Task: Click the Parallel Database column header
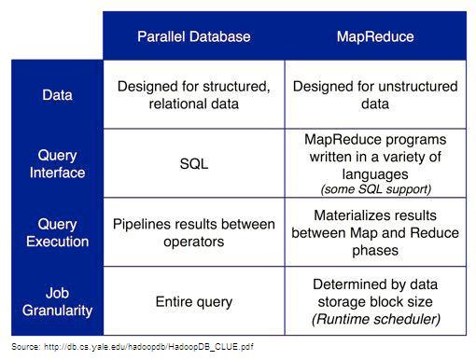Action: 194,36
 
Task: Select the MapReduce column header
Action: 375,36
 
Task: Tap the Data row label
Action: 57,95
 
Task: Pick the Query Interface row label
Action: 57,164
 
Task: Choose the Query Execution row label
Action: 57,233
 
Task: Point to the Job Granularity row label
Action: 57,302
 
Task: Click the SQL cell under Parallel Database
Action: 194,164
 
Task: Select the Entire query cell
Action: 194,302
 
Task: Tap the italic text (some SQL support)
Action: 376,189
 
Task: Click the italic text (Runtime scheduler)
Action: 376,319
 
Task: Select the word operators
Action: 194,242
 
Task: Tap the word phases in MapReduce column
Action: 375,251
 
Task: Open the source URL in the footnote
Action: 148,347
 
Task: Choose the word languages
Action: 375,174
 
